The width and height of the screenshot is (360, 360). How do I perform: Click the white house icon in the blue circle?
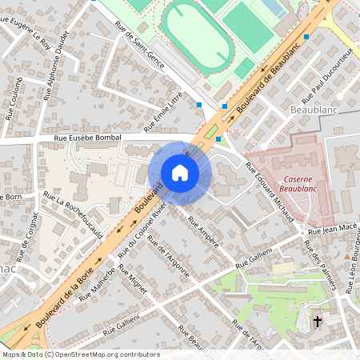[180, 173]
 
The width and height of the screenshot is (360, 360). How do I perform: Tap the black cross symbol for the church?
[317, 322]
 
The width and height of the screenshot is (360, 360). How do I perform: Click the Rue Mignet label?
[132, 288]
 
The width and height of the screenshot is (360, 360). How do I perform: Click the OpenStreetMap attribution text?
[80, 354]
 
